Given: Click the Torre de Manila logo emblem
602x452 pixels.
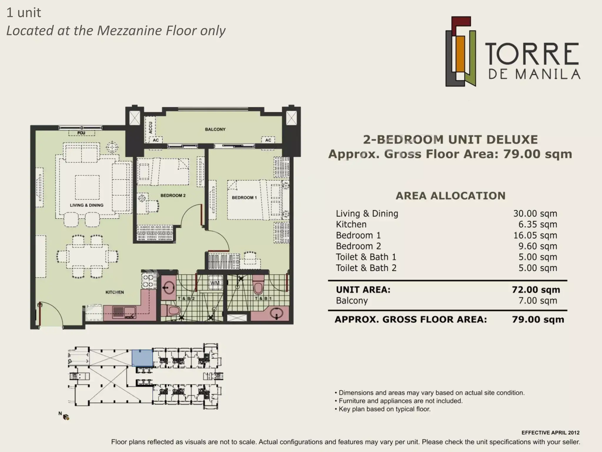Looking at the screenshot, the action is click(460, 51).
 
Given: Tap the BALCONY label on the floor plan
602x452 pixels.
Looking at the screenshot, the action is click(215, 129).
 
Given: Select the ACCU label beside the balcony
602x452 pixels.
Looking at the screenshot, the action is click(151, 127).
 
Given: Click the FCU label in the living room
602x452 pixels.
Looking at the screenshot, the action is click(81, 133).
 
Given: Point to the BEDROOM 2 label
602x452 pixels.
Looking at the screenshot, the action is click(173, 195).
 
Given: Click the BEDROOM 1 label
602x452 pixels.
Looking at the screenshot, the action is click(244, 197).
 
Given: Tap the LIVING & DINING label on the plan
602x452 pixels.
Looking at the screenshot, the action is click(87, 205).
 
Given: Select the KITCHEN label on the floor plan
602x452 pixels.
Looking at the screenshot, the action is click(115, 292).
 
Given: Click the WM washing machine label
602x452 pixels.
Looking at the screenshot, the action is click(215, 283).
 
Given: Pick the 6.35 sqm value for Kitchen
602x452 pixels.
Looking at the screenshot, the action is click(538, 225).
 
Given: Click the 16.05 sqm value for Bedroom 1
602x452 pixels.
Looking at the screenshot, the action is click(535, 235).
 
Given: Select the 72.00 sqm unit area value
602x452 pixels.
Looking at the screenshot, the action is click(536, 290).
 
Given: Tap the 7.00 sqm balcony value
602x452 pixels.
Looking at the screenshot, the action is click(538, 301).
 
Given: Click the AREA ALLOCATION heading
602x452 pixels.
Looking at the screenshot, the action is click(451, 196).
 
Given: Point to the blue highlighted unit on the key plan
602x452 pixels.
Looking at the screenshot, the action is click(142, 358).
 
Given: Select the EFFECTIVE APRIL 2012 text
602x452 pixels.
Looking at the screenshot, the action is click(551, 433).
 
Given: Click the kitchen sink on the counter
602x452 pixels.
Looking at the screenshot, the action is click(124, 313).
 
